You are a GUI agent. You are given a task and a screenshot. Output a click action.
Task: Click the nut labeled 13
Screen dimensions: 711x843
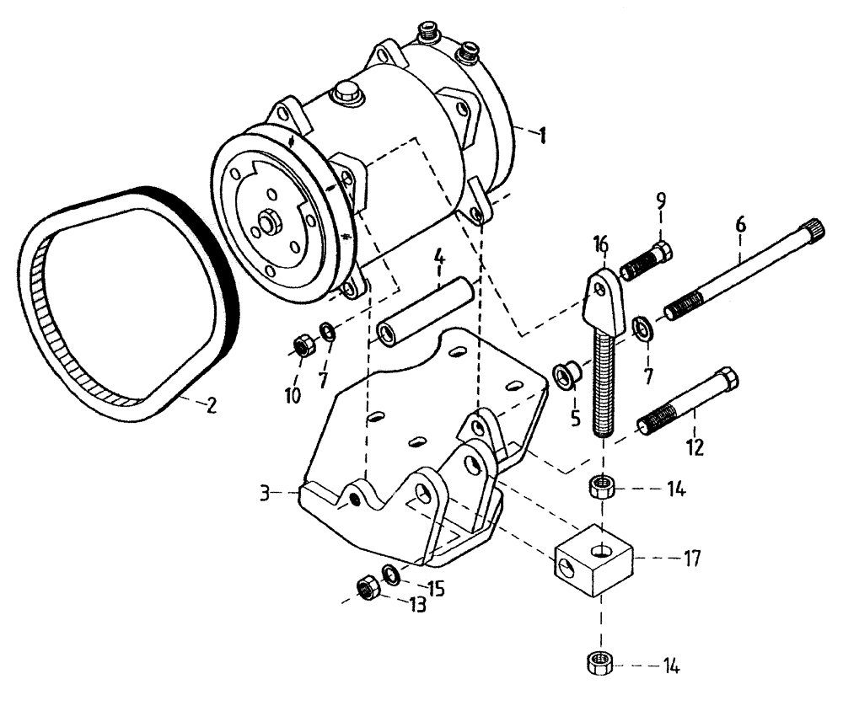click(x=367, y=588)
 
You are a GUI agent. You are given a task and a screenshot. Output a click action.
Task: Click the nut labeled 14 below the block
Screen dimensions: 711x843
click(x=598, y=663)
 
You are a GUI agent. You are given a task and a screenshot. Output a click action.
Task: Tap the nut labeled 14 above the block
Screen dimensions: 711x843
click(x=601, y=488)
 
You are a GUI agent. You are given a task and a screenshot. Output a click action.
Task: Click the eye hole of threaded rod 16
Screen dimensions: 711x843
click(x=599, y=289)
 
